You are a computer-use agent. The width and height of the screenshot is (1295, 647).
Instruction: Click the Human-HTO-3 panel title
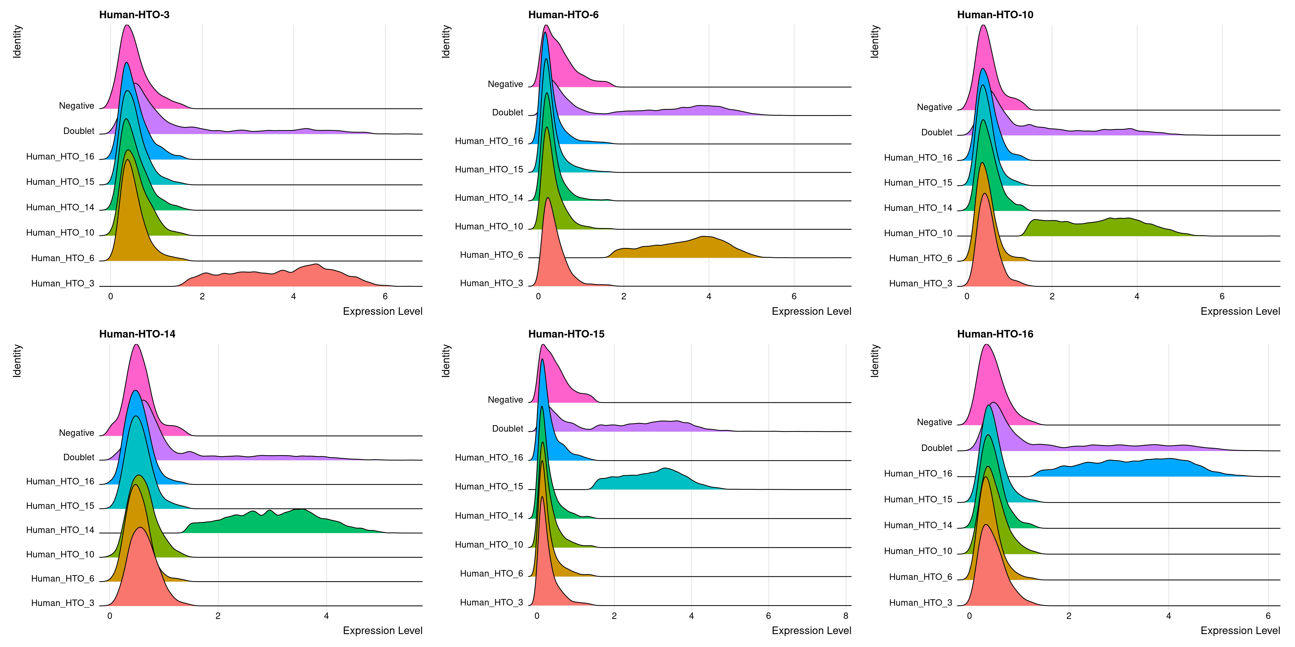point(134,15)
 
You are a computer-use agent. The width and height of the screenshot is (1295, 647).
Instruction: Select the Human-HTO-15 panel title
point(566,334)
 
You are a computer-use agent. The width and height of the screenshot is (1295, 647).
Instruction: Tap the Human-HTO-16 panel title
point(995,334)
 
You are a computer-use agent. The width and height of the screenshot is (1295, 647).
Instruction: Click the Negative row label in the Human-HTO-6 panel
point(505,84)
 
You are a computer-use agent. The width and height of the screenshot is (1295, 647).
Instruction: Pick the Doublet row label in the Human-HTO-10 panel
point(937,132)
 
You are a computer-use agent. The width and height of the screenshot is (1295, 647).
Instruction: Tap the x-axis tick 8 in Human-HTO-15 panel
point(846,616)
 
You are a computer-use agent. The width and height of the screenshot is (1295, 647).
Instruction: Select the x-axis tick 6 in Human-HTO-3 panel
point(385,296)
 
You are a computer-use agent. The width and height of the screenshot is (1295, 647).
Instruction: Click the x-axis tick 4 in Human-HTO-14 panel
point(326,616)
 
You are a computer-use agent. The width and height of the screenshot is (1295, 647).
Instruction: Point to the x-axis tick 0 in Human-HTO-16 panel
point(969,616)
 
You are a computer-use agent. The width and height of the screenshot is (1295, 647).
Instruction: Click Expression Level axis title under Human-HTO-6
point(811,311)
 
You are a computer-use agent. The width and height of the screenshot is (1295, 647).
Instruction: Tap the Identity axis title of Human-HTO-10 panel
point(875,42)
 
